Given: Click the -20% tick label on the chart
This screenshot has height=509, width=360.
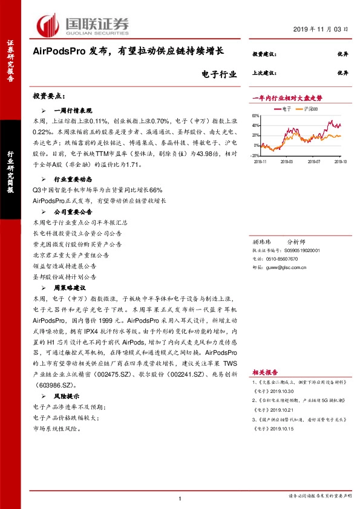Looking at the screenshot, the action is (x=256, y=155).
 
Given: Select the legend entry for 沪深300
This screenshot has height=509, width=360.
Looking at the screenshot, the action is (x=312, y=109).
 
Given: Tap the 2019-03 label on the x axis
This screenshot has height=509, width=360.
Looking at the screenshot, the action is (x=286, y=161).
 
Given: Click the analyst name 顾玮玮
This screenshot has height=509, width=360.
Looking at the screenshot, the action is (x=261, y=241).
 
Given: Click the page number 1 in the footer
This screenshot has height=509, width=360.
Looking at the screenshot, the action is (x=180, y=498).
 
